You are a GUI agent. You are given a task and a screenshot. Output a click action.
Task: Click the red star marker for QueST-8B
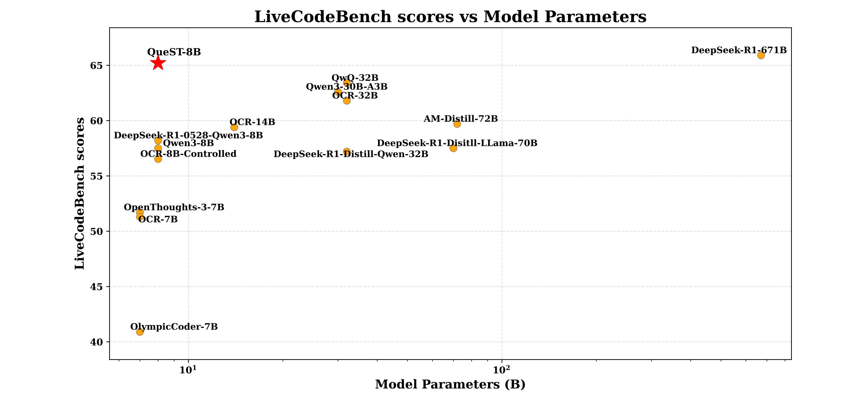(158, 63)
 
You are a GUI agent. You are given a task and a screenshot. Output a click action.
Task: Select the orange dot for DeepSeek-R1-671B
(761, 55)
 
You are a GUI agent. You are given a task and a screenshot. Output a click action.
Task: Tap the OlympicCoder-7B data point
(140, 332)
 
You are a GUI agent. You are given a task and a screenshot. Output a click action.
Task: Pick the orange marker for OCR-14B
(234, 127)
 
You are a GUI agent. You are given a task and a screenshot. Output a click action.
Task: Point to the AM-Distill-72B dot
(457, 124)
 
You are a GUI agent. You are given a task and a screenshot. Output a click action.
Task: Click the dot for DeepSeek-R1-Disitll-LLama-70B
(453, 148)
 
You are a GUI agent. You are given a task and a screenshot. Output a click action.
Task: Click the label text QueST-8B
(174, 52)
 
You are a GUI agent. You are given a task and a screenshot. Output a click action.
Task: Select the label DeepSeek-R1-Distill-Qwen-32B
(351, 154)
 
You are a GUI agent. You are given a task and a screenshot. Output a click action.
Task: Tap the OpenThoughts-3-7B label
(174, 207)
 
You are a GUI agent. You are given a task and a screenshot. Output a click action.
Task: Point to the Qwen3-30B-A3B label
(347, 87)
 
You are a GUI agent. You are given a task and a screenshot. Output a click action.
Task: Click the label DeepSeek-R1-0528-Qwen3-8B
(189, 136)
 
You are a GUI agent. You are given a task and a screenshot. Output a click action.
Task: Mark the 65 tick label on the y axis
(96, 66)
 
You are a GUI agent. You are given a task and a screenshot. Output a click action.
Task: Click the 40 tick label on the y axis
(96, 342)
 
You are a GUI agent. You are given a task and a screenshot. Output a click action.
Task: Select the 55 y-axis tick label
(96, 176)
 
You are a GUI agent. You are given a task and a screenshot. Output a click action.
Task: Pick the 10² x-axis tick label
(502, 370)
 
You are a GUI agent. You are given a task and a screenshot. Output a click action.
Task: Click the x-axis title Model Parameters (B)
(450, 384)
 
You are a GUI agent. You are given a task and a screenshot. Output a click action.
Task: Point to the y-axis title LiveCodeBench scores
(80, 193)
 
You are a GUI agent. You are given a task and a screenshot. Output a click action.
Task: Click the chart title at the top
(450, 17)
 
